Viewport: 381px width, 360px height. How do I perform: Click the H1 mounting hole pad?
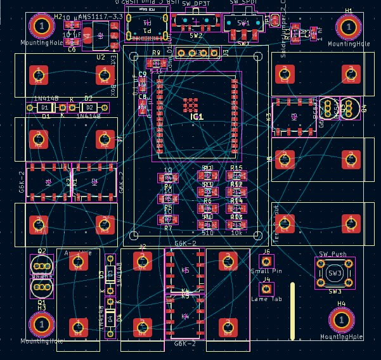pos(347,27)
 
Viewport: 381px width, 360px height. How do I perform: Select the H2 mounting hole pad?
pos(42,27)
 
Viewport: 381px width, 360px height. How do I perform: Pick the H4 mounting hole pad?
pos(342,321)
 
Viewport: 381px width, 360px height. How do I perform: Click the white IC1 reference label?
pos(197,117)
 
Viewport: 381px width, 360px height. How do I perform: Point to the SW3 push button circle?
pos(335,273)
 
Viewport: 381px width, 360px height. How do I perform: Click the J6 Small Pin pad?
pos(266,261)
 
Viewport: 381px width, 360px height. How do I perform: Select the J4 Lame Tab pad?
pos(267,289)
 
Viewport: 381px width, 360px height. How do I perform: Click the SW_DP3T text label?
pos(196,4)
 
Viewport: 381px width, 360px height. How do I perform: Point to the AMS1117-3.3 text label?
pos(100,16)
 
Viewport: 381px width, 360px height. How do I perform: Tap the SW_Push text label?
pos(334,253)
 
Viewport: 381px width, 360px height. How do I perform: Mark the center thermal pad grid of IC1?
pos(191,105)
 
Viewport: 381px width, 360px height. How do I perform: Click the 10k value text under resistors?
pos(236,233)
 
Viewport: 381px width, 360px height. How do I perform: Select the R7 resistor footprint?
pos(168,219)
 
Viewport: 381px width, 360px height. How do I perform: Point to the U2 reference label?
pos(101,57)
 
